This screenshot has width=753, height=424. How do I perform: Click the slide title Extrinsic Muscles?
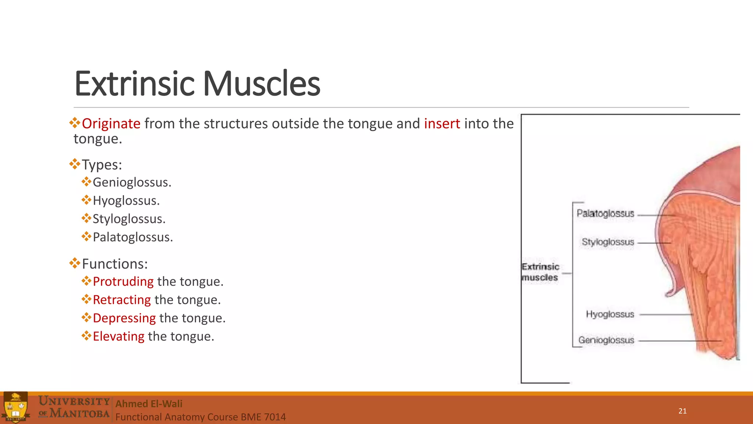pos(197,84)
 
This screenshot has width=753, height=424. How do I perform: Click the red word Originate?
pos(111,124)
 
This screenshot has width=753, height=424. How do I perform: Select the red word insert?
pos(442,124)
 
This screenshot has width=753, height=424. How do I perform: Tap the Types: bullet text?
pos(102,165)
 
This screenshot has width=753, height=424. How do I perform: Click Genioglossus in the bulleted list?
pos(132,182)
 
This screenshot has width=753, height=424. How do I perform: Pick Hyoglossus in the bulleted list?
pos(126,201)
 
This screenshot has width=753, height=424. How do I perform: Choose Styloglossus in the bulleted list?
pos(129,219)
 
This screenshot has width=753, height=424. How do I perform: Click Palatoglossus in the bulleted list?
pos(132,237)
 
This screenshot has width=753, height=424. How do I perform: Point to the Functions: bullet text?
pos(115,264)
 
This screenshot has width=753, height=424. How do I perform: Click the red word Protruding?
pos(123,282)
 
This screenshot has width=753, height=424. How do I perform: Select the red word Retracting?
pos(122,300)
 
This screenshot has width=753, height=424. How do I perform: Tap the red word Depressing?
pos(124,318)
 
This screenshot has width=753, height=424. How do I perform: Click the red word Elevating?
pos(118,336)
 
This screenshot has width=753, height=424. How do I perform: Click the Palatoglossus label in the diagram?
pos(605,213)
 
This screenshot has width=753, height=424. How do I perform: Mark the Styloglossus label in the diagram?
pos(608,242)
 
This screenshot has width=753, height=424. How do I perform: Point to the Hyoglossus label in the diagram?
pos(610,314)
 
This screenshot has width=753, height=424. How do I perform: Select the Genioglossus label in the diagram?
pos(606,340)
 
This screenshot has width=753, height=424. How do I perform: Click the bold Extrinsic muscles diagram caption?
pos(540,272)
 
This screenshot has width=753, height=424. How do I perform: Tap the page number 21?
pos(682,411)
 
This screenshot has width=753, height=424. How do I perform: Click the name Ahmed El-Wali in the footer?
pos(149,404)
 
